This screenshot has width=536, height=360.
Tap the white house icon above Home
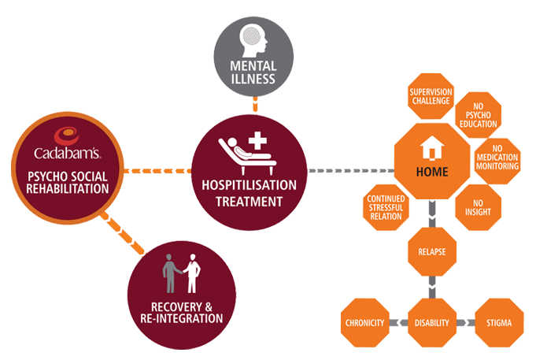(x=431, y=147)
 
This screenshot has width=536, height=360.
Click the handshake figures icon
(x=181, y=274)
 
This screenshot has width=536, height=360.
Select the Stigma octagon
(x=499, y=322)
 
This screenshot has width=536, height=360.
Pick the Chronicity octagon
(x=365, y=322)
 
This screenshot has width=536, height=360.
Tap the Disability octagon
(x=432, y=322)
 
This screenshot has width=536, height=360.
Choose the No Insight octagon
(x=478, y=206)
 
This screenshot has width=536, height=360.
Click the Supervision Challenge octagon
(x=430, y=96)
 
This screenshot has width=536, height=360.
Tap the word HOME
(x=433, y=171)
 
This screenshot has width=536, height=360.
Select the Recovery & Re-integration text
(x=181, y=312)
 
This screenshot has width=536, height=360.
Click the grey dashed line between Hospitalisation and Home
(x=349, y=170)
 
